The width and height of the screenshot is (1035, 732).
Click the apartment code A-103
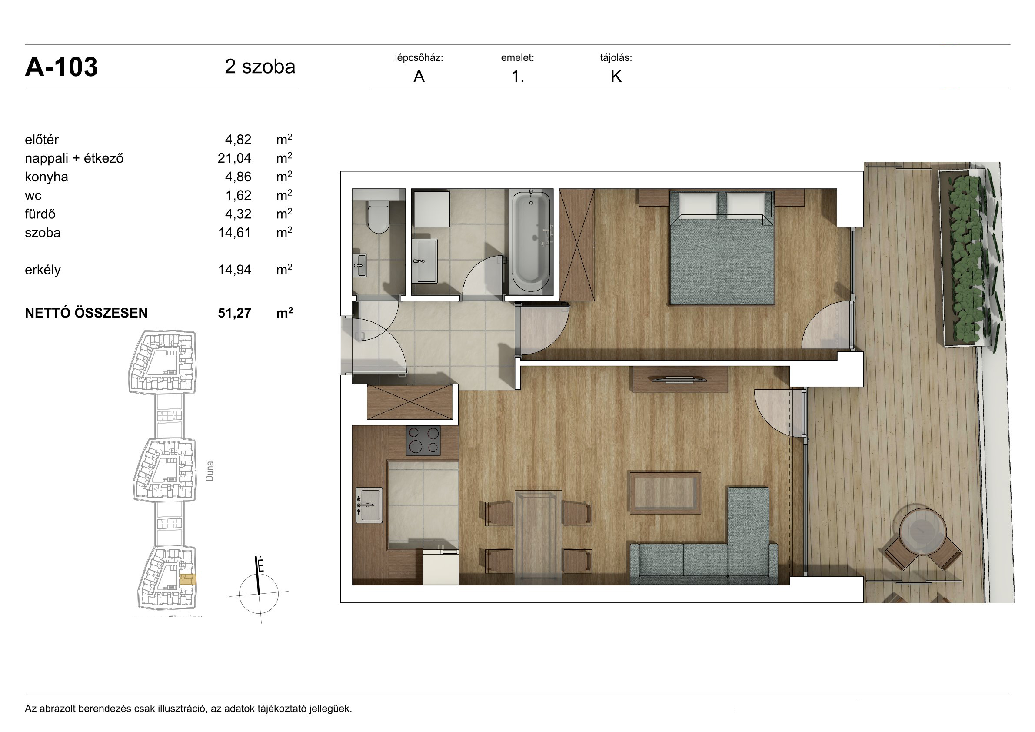coord(61,67)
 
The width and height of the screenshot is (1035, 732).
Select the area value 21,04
coord(234,158)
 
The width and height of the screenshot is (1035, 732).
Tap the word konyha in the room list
coord(47,177)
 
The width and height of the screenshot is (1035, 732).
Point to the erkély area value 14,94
coord(234,270)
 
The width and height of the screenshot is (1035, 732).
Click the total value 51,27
coord(234,313)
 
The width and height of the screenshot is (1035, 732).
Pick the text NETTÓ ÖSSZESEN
coord(86,313)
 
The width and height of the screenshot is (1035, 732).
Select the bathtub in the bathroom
coord(531,242)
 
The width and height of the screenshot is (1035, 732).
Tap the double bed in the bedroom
coord(722,247)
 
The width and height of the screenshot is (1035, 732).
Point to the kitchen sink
coord(369,505)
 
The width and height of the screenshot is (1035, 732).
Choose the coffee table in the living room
coord(665,493)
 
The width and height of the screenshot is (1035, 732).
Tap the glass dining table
coord(538,537)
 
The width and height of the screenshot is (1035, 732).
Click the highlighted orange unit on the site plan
coord(187,580)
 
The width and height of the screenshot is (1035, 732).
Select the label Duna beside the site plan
coord(210,471)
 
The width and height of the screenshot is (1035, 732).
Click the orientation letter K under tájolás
coord(616,77)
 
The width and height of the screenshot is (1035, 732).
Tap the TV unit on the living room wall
coord(680,380)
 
